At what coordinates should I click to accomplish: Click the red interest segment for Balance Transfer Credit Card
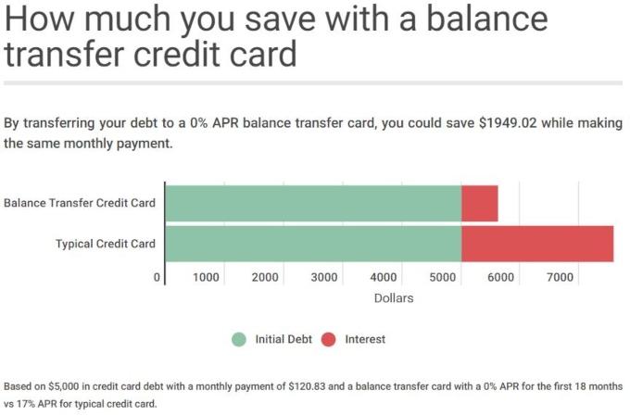[x=480, y=204]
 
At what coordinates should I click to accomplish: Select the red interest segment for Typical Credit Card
[x=537, y=244]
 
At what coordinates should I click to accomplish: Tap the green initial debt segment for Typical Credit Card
[x=313, y=244]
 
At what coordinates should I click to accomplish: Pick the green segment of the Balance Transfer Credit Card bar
[x=313, y=204]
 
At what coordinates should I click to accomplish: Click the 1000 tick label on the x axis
[x=206, y=277]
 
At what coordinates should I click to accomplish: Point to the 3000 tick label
[x=324, y=277]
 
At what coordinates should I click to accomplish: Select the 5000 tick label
[x=443, y=277]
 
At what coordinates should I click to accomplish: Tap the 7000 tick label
[x=561, y=277]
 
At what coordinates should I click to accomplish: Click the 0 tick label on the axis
[x=157, y=277]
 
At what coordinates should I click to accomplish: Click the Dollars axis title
[x=394, y=298]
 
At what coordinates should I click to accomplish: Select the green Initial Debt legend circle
[x=239, y=339]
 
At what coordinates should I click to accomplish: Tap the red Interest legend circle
[x=329, y=339]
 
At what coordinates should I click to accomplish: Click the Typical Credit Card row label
[x=106, y=244]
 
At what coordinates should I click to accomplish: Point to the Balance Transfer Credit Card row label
[x=80, y=203]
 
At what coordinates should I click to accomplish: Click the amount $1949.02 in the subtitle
[x=509, y=123]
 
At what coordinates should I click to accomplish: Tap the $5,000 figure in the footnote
[x=64, y=386]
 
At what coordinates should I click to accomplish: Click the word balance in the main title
[x=487, y=19]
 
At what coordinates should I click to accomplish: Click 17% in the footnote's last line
[x=26, y=404]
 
